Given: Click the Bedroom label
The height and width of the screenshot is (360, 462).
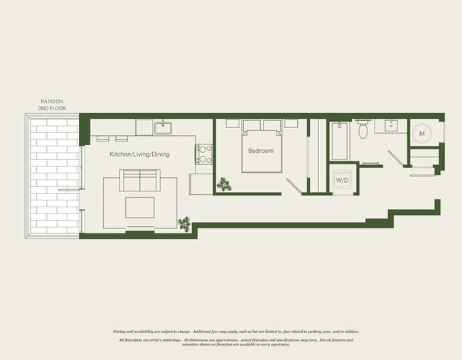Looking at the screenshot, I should pos(261,151).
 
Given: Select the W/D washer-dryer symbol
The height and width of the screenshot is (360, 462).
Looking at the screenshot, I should pos(342,180).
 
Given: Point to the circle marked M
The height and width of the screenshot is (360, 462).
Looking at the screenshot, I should pos(421,134).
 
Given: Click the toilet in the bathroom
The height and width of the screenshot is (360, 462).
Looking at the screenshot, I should pos(363,129).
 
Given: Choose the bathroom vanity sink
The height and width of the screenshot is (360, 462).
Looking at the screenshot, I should pos(392,127).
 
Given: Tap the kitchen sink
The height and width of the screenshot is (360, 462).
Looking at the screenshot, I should pos(163,128).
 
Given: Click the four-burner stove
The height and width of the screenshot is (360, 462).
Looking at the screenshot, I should pos(204,154).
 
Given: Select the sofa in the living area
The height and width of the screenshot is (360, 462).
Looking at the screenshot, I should pos(140,181).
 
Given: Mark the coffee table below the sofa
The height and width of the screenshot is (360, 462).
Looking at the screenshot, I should pos(140,207).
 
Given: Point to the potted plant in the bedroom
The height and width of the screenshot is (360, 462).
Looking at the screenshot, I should pos(225,185).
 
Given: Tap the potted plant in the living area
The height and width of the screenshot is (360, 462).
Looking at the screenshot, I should pos(186,224).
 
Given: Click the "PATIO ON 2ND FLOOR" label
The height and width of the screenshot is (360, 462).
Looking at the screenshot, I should pos(51,105).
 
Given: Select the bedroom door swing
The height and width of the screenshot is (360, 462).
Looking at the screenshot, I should pos(294,186).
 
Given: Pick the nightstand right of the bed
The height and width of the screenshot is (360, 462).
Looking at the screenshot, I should pos(291,123).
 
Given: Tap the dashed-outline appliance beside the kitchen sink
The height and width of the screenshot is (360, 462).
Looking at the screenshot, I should pos(144,127).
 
